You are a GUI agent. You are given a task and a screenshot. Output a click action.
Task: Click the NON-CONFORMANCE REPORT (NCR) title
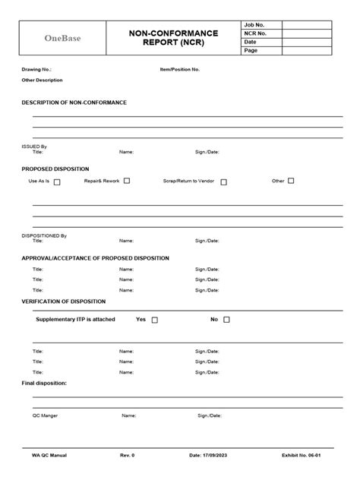[x=174, y=38]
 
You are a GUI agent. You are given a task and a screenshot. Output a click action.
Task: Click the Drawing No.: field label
[x=36, y=69]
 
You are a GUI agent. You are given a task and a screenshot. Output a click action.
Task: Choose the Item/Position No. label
[x=180, y=69]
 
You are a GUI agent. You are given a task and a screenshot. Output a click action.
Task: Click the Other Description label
[x=42, y=80]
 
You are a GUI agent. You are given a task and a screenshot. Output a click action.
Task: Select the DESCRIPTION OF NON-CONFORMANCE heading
[x=74, y=102]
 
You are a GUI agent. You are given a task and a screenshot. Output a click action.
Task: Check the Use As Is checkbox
[x=57, y=182]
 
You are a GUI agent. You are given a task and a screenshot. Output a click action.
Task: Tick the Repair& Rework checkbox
[x=127, y=181]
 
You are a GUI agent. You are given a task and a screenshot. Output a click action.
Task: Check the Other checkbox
[x=291, y=181]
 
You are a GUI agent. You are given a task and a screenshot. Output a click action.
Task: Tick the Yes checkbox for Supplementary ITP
[x=155, y=320]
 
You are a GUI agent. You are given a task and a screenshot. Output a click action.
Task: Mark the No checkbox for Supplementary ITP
[x=226, y=320]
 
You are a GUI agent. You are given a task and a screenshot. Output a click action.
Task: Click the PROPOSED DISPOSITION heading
[x=55, y=169]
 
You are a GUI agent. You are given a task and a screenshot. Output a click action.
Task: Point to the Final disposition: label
[x=44, y=384]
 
